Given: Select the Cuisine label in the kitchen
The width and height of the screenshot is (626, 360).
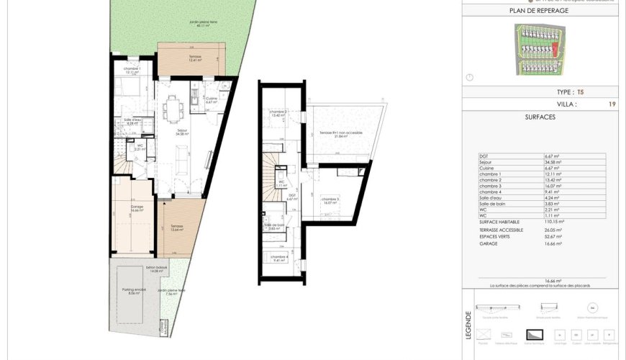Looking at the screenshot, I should [x=211, y=99].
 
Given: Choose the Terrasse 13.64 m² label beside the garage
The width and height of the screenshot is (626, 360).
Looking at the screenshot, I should [x=177, y=228].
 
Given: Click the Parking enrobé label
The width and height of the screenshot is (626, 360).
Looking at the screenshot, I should [x=135, y=292].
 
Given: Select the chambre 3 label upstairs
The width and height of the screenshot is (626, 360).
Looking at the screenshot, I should [x=330, y=201].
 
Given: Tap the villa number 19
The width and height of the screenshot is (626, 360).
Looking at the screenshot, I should [x=612, y=104].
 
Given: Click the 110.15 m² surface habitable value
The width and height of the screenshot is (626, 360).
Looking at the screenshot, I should [x=554, y=222].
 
